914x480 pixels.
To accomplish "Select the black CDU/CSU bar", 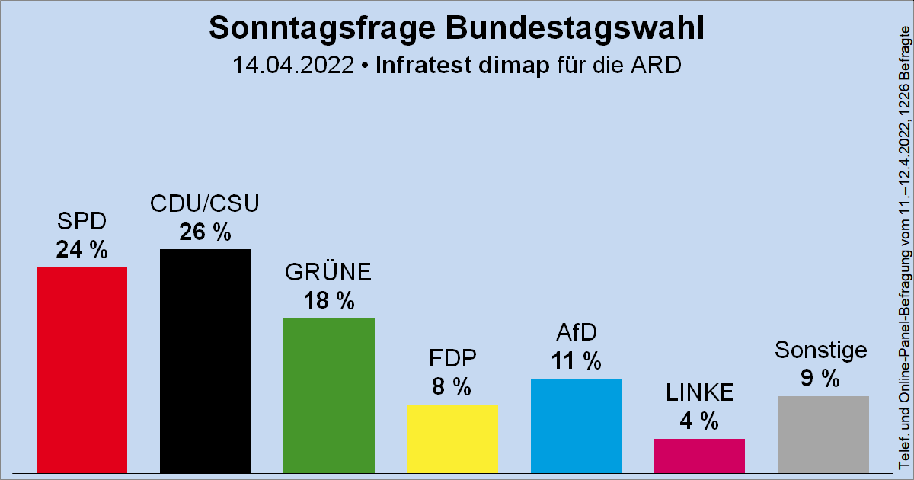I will tap(206, 360).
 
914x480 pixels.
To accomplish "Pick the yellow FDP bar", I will tap(452, 438).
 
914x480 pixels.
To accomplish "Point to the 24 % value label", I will tap(82, 249).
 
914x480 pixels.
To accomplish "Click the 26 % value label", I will tap(206, 232).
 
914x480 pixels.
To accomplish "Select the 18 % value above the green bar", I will tap(329, 301).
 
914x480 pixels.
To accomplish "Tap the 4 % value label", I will tap(699, 421).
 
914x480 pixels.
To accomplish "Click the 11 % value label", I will tap(576, 361).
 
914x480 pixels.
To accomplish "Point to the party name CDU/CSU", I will tap(206, 204).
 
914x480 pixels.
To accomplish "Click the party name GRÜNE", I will tap(329, 273).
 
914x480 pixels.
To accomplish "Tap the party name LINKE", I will tap(699, 393).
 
